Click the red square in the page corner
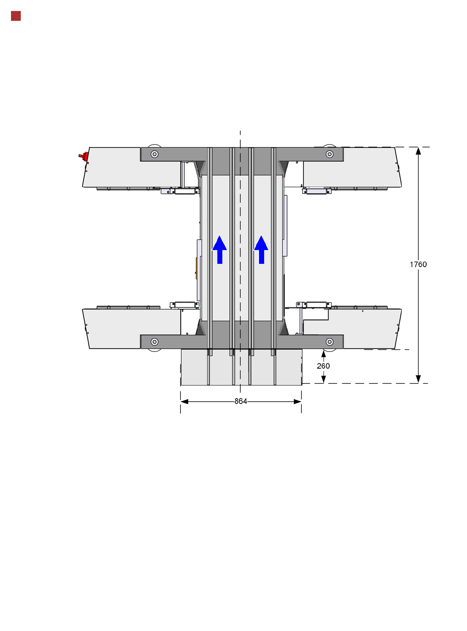16,16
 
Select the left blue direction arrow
219,249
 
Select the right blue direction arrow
261,249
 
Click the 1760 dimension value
418,264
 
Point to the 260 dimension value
323,366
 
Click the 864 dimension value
241,402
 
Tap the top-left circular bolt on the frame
155,154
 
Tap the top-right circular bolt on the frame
329,154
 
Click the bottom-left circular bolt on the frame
155,342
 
